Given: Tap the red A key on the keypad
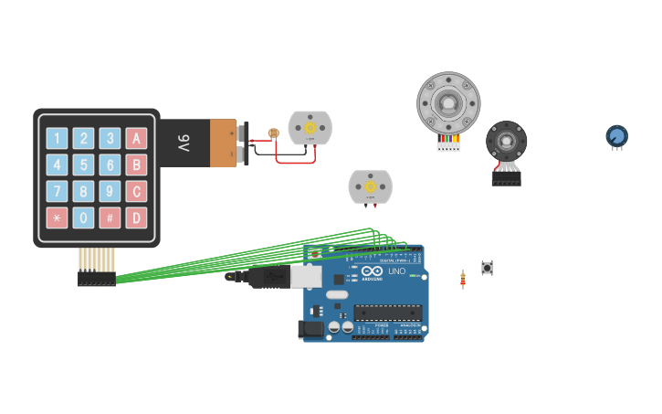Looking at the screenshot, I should point(136,139).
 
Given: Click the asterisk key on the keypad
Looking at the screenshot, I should point(57,218).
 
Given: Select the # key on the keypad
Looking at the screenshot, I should point(110,218).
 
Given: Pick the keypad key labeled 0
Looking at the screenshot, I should point(83,218).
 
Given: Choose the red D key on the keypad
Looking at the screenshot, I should point(136,218).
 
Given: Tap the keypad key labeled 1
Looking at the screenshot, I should point(57,139).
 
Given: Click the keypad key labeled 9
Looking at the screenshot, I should point(110,192).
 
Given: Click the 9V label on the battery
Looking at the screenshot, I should point(184,143).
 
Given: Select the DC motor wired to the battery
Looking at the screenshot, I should point(310,128).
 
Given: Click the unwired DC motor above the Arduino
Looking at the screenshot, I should point(370,186).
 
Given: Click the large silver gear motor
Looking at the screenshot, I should point(448,102).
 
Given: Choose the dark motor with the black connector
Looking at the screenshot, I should point(506,143).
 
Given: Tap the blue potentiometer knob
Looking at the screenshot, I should point(617,136).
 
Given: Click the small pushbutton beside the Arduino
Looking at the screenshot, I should point(487,268).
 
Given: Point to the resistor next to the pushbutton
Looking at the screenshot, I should point(463,279).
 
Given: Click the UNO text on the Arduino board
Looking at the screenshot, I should point(396,271).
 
